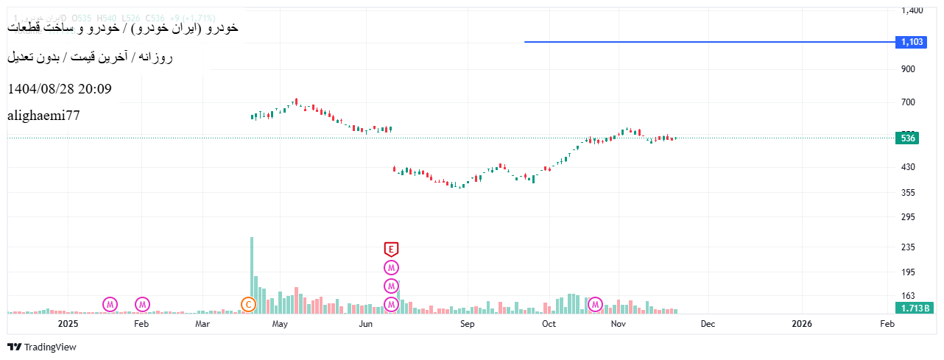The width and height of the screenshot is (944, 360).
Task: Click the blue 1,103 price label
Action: (x=912, y=42)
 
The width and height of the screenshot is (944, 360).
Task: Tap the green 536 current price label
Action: (x=909, y=138)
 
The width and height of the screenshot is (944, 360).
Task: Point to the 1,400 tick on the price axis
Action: (x=912, y=10)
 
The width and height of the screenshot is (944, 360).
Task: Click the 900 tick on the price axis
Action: (x=908, y=69)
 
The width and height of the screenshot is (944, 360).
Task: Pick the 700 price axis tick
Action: (x=908, y=102)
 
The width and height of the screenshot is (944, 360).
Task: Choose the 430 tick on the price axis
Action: (x=908, y=167)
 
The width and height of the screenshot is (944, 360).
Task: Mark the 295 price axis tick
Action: (x=908, y=217)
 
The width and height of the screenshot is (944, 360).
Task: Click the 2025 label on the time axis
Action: (x=68, y=323)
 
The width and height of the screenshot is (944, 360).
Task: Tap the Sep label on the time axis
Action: (x=467, y=323)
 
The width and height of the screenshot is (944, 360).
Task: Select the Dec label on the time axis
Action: (x=708, y=323)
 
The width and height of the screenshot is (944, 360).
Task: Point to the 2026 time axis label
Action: (x=801, y=323)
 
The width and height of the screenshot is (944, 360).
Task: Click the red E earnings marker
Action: (x=392, y=249)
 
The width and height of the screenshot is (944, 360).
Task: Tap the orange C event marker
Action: (x=248, y=304)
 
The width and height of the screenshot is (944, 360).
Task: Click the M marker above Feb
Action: (x=142, y=304)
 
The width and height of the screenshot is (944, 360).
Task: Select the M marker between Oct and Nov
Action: (x=596, y=304)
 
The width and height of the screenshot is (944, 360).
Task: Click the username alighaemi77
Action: (x=43, y=116)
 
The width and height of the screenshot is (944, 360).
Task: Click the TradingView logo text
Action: (x=49, y=347)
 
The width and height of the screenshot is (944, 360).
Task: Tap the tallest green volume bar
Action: (x=252, y=275)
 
